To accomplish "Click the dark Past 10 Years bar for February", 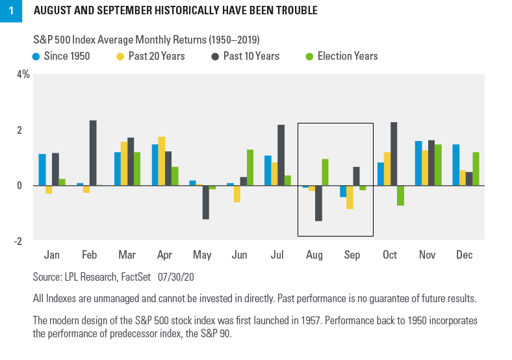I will click(93, 153).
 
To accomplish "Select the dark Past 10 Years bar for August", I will click(318, 203).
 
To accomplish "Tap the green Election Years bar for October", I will click(401, 196).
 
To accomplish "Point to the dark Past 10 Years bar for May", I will click(205, 202).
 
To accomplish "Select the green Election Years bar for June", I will click(250, 168).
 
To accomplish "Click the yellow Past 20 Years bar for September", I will click(350, 198).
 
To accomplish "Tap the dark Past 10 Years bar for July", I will click(281, 155).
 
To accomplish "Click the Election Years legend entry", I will click(347, 56).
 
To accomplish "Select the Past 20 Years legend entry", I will click(156, 56).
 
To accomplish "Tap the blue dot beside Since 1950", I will click(36, 56).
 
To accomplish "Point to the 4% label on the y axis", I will click(23, 74).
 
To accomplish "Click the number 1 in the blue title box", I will click(11, 11).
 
